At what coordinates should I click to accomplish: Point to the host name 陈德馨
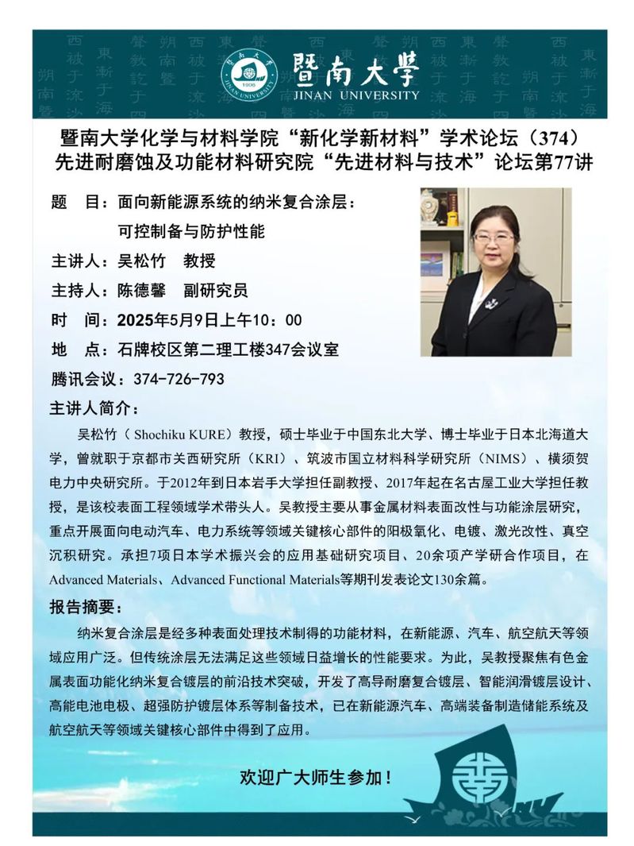pyautogui.click(x=141, y=291)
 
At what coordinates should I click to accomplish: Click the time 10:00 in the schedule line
pyautogui.click(x=277, y=320)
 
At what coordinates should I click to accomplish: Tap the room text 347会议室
pyautogui.click(x=304, y=350)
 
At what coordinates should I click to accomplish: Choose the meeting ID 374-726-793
pyautogui.click(x=180, y=379)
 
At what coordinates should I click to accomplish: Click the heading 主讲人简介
pyautogui.click(x=93, y=409)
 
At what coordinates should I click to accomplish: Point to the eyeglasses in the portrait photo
pyautogui.click(x=494, y=237)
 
